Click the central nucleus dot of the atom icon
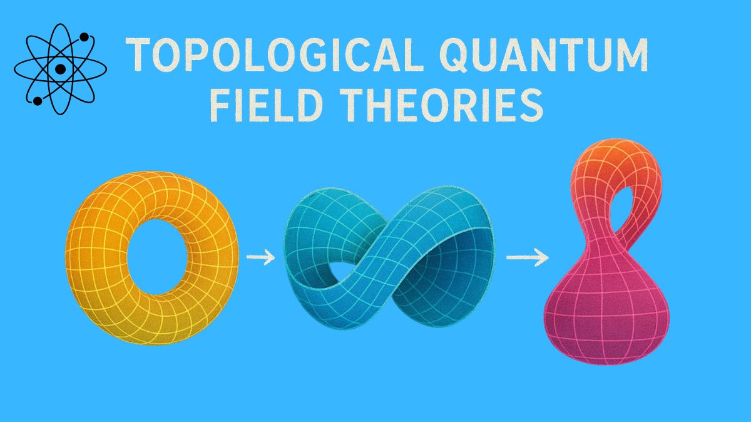(x=60, y=69)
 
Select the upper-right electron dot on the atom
(x=83, y=38)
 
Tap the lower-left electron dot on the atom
(x=38, y=100)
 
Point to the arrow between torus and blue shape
(x=260, y=258)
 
